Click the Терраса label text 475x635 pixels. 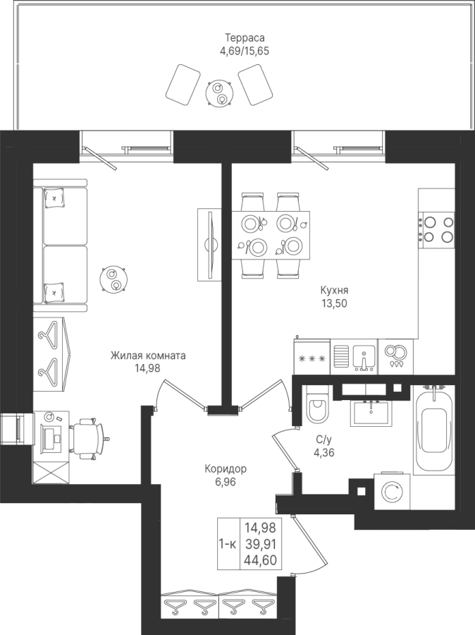click(245, 38)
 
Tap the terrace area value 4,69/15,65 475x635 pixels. click(244, 51)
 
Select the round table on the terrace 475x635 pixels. click(219, 92)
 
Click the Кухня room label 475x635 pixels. click(334, 291)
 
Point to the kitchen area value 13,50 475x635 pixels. click(334, 303)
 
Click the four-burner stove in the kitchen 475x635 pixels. click(436, 229)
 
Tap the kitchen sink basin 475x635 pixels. click(364, 356)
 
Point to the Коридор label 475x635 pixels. click(226, 469)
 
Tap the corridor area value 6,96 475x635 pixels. click(226, 482)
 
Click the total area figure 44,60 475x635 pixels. click(261, 560)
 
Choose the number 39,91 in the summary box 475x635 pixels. click(261, 543)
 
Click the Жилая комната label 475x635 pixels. click(149, 356)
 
